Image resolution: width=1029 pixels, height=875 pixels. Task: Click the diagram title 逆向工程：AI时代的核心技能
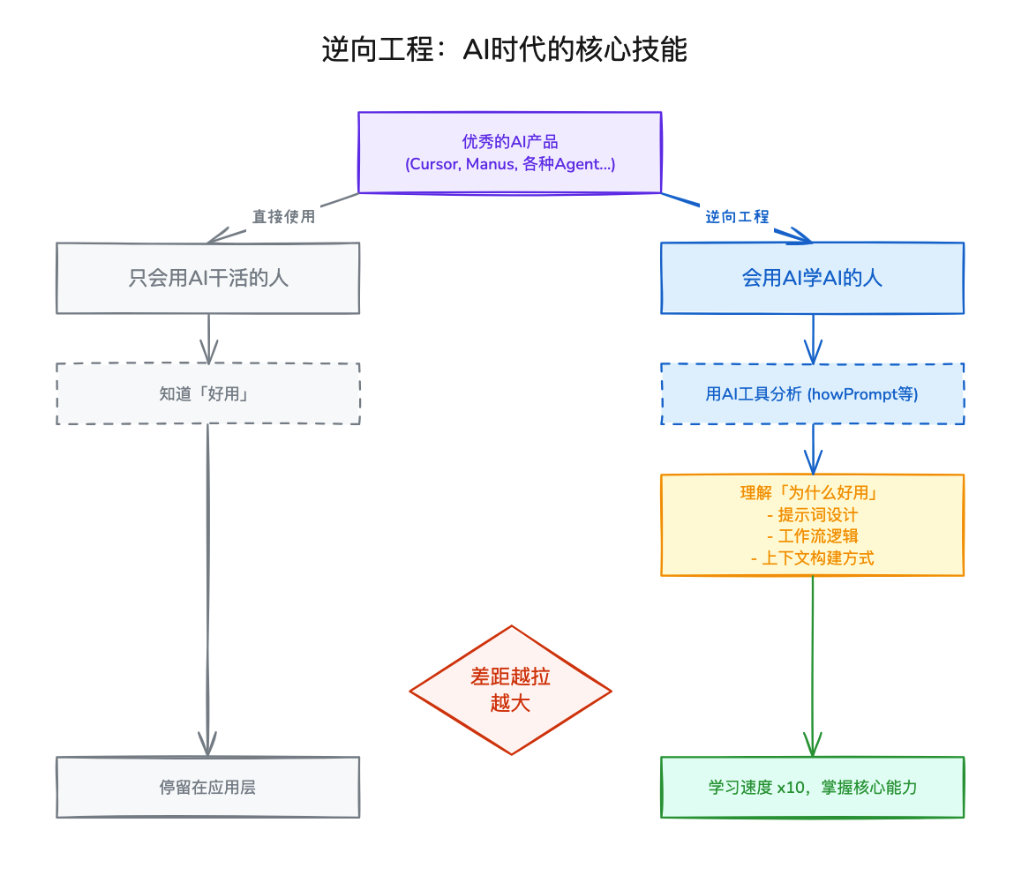[x=504, y=50]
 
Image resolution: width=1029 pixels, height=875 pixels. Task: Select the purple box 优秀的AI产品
[x=509, y=152]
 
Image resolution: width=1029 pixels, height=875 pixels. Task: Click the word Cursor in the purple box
[x=432, y=165]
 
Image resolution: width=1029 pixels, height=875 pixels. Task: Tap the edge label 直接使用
[x=283, y=217]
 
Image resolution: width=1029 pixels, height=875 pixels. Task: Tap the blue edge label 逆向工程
[x=737, y=217]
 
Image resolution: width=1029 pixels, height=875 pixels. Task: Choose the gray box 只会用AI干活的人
[x=208, y=279]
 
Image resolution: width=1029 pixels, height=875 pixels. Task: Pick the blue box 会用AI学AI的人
[x=812, y=279]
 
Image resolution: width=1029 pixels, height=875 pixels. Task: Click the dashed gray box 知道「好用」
[x=208, y=394]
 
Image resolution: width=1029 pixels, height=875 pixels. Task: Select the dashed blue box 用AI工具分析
[x=812, y=394]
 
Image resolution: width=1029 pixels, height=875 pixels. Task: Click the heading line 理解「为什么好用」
[x=812, y=493]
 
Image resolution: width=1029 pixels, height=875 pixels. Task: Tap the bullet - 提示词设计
[x=812, y=515]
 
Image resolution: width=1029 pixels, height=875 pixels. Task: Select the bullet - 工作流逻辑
[x=812, y=536]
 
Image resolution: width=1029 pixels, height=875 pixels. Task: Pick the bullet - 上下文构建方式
[x=812, y=557]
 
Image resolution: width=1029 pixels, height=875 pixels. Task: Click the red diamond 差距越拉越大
[x=510, y=690]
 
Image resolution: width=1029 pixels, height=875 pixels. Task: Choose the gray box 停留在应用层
[x=208, y=787]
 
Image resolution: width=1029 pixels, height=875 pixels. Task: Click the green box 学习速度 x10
[x=812, y=787]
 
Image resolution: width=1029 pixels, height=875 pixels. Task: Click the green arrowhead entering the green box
[x=812, y=745]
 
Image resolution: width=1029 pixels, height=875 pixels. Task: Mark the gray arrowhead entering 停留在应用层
[x=207, y=745]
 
